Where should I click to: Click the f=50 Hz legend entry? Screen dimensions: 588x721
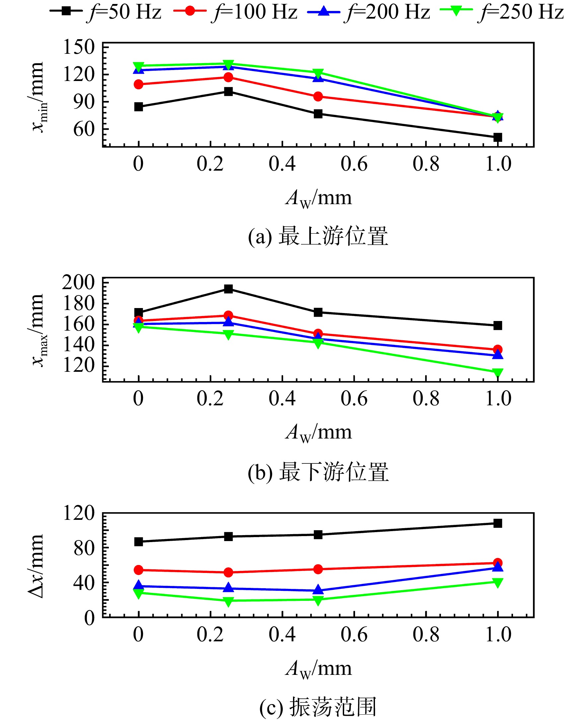tap(106, 12)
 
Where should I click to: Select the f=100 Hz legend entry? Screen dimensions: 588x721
tap(235, 12)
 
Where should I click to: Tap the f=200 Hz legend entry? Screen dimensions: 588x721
tap(369, 12)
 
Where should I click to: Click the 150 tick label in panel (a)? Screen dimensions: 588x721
tap(79, 47)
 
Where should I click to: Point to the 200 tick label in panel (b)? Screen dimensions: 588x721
tap(78, 282)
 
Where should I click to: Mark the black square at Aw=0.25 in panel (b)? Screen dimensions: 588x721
tap(229, 289)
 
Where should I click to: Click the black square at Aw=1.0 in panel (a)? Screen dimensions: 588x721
tap(497, 137)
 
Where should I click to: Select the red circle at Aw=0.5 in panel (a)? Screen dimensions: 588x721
tap(318, 97)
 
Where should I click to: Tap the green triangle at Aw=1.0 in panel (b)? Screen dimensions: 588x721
tap(497, 373)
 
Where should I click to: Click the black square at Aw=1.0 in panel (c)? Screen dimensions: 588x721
tap(497, 523)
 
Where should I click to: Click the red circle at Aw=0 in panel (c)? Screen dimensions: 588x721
tap(138, 570)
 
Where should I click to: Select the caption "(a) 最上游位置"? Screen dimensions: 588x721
tap(318, 236)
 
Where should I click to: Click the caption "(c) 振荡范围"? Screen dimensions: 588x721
tap(318, 707)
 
